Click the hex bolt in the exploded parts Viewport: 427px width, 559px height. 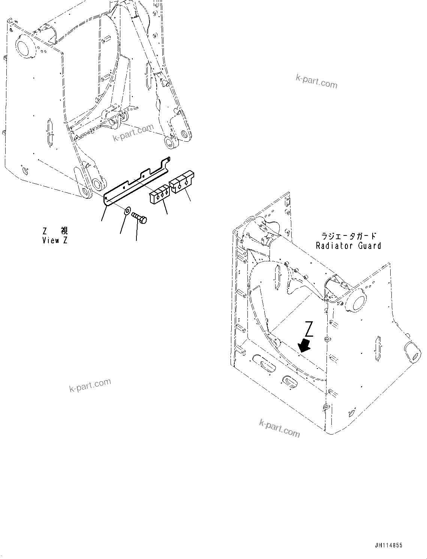click(x=140, y=217)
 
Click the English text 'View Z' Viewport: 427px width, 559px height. click(x=55, y=241)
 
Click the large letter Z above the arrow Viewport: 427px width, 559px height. click(x=309, y=329)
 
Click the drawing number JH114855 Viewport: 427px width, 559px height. click(x=387, y=546)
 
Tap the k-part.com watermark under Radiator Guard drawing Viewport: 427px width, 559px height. click(x=279, y=428)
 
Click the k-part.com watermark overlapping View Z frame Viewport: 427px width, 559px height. click(x=133, y=132)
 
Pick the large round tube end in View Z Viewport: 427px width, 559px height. click(x=25, y=47)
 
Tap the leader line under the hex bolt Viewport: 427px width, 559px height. click(x=136, y=232)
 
